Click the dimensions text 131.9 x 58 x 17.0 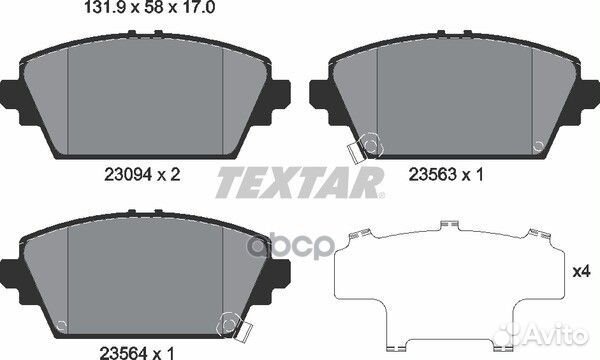tap(149, 7)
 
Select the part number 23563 tap(433, 174)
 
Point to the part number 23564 tap(123, 353)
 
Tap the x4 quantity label tap(582, 272)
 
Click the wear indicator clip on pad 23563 tap(365, 148)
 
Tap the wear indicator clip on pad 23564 tap(234, 328)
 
